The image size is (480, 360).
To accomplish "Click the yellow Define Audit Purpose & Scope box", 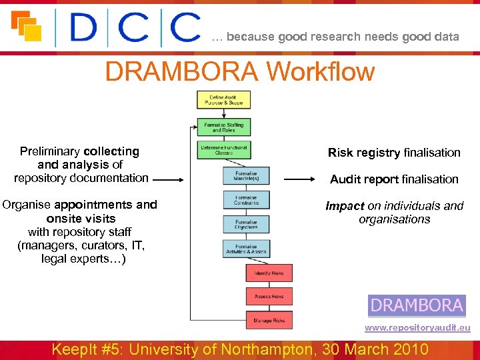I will pyautogui.click(x=223, y=100).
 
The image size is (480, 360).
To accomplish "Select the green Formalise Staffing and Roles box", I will pyautogui.click(x=223, y=127).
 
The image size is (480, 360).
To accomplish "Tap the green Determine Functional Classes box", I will pyautogui.click(x=223, y=151).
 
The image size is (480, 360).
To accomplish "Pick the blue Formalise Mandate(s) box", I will pyautogui.click(x=246, y=176).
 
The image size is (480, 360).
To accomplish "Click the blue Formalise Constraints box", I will pyautogui.click(x=246, y=200).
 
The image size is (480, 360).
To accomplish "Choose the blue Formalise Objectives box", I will pyautogui.click(x=246, y=225).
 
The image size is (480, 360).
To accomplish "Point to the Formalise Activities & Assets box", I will pyautogui.click(x=246, y=249).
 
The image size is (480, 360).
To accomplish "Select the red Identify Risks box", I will pyautogui.click(x=269, y=273).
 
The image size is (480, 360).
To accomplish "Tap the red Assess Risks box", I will pyautogui.click(x=269, y=297).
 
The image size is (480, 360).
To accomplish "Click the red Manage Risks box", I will pyautogui.click(x=269, y=321).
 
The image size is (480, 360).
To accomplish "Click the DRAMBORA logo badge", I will pyautogui.click(x=417, y=306).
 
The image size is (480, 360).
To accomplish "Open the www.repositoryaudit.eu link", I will pyautogui.click(x=417, y=328).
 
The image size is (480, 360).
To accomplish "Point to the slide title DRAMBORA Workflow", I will pyautogui.click(x=240, y=71).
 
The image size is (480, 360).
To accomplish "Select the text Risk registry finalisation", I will pyautogui.click(x=394, y=153).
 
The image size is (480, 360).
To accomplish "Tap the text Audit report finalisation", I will pyautogui.click(x=394, y=179).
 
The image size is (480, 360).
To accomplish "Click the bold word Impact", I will pyautogui.click(x=345, y=206).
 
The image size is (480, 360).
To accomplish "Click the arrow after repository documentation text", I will pyautogui.click(x=171, y=179).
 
